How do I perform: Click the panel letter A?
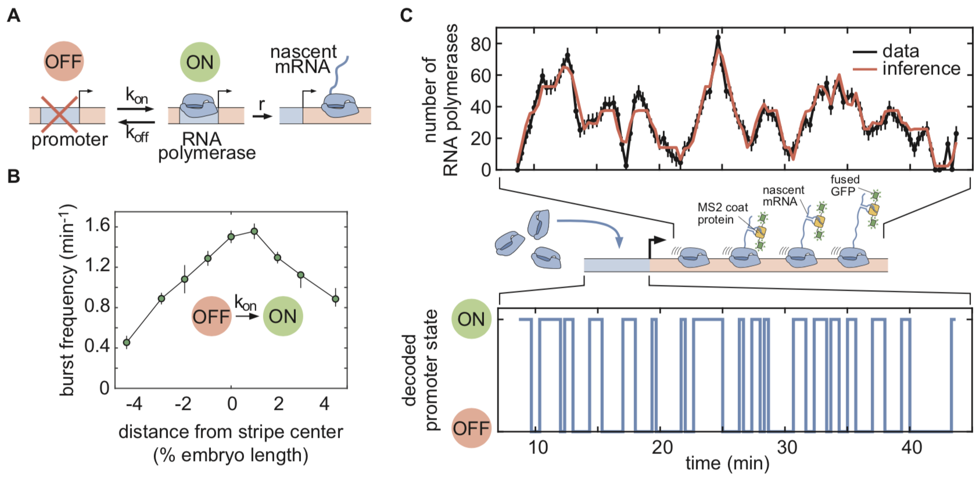point(13,15)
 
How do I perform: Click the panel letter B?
point(13,176)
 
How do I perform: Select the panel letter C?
point(406,15)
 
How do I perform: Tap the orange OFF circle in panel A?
point(64,61)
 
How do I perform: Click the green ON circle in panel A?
point(200,62)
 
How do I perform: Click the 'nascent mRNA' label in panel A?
point(303,59)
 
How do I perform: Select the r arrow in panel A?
point(263,115)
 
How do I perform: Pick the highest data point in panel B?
point(254,231)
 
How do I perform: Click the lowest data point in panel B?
point(127,342)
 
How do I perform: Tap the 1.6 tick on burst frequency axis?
point(98,226)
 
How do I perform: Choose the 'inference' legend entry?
point(921,69)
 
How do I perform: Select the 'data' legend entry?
point(901,51)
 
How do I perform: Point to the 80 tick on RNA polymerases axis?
point(480,44)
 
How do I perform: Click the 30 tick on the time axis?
point(787,448)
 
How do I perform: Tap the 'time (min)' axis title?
point(727,463)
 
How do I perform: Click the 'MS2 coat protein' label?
point(722,213)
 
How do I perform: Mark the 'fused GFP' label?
point(845,185)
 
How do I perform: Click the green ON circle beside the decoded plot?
point(471,319)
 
